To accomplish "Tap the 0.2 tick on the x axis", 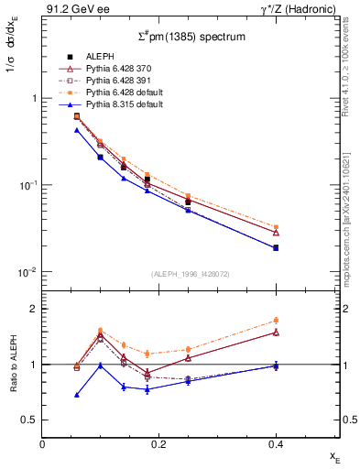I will (158, 443).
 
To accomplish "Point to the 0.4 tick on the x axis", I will (275, 443).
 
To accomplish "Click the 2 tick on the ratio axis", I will (33, 309).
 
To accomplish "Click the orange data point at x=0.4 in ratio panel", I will (276, 321).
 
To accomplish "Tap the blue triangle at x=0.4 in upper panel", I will (276, 247).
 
